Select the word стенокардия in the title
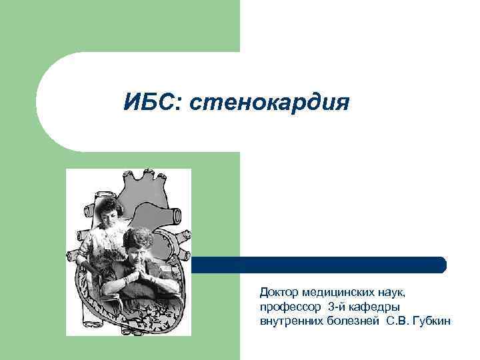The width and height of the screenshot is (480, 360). [x=270, y=103]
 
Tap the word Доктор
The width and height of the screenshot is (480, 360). [x=279, y=293]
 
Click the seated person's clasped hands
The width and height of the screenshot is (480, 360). [x=140, y=270]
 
